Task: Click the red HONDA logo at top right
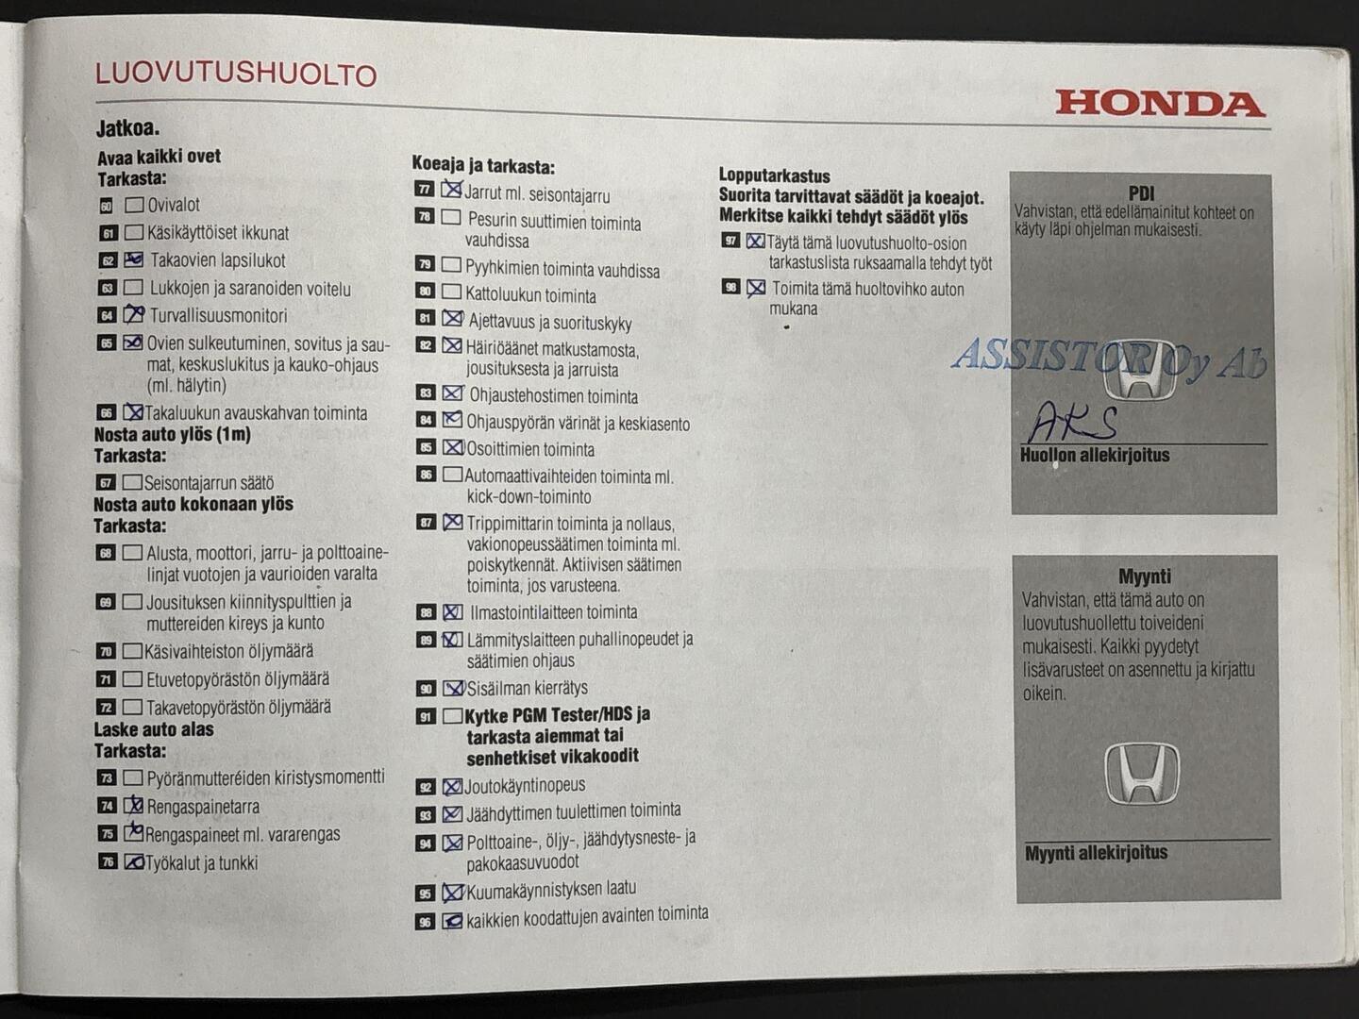[x=1160, y=104]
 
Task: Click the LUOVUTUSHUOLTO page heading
[x=236, y=75]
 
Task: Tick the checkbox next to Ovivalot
[x=134, y=205]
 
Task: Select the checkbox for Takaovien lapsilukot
[x=134, y=259]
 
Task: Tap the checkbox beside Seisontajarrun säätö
[x=133, y=482]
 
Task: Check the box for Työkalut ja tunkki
[x=134, y=861]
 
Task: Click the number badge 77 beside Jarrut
[x=425, y=190]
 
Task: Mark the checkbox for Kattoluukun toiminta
[x=452, y=293]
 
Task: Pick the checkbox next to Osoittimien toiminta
[x=453, y=447]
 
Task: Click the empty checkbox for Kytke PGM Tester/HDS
[x=452, y=716]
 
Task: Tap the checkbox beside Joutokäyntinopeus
[x=452, y=786]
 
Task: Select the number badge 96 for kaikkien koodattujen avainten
[x=426, y=921]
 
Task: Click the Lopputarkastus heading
[x=774, y=175]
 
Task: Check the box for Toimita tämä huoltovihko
[x=756, y=288]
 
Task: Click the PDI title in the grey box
[x=1141, y=193]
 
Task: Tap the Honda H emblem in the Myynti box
[x=1142, y=773]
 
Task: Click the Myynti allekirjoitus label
[x=1096, y=853]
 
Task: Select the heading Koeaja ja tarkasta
[x=483, y=166]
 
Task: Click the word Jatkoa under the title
[x=127, y=128]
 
